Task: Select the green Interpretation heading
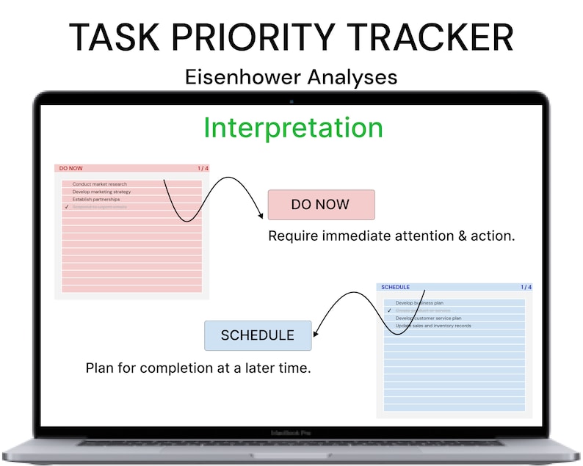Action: coord(293,128)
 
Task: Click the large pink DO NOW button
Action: coord(321,205)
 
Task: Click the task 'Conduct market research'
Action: coord(99,184)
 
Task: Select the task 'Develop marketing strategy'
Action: coord(101,192)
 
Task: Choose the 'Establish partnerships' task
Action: coord(95,200)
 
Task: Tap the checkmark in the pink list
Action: coord(66,208)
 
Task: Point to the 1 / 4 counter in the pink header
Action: coord(203,168)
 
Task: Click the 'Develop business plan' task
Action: coord(419,303)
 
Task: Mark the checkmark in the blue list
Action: coord(389,310)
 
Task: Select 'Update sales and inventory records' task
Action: coord(433,326)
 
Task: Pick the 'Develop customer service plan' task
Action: coord(428,318)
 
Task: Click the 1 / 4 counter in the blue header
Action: coord(526,287)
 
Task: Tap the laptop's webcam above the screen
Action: coord(291,101)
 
